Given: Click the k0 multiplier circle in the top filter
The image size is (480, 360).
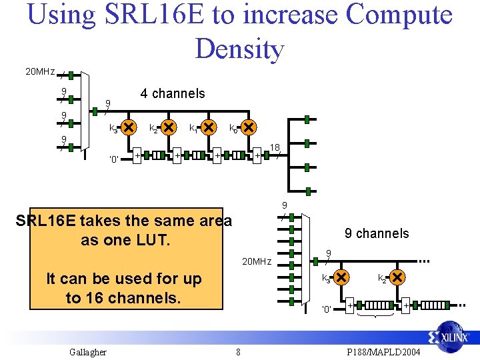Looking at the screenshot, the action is pyautogui.click(x=249, y=127).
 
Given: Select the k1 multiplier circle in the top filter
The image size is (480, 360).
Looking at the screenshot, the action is pyautogui.click(x=209, y=127).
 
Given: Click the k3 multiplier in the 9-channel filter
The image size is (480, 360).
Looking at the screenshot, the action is pyautogui.click(x=341, y=276).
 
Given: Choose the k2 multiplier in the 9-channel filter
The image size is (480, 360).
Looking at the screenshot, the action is pyautogui.click(x=396, y=276).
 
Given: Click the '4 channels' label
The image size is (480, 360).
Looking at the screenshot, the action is pyautogui.click(x=173, y=93).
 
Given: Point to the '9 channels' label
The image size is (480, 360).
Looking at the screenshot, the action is pyautogui.click(x=377, y=233).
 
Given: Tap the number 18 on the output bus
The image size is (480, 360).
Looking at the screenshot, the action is pyautogui.click(x=274, y=147).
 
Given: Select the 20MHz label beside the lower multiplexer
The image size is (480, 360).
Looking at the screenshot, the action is pyautogui.click(x=256, y=261).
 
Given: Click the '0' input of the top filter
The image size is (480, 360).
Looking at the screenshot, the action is pyautogui.click(x=114, y=159).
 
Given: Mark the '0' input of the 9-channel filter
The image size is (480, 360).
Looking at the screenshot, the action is pyautogui.click(x=327, y=309).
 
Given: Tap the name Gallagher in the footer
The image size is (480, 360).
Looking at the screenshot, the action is pyautogui.click(x=88, y=352).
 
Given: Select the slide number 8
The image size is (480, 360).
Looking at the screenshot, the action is pyautogui.click(x=238, y=352).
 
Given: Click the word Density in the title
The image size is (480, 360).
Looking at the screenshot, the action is pyautogui.click(x=239, y=48).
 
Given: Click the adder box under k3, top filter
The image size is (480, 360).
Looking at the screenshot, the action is pyautogui.click(x=138, y=155).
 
